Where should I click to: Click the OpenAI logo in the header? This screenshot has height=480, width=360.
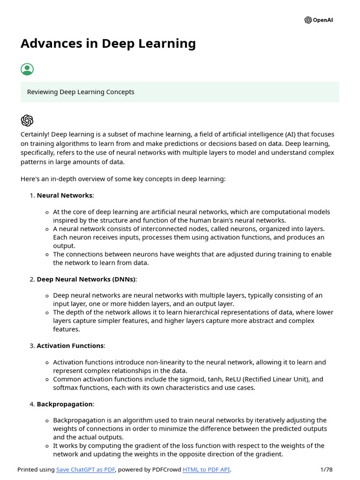pyautogui.click(x=318, y=20)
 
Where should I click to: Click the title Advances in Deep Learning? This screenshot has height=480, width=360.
pyautogui.click(x=108, y=44)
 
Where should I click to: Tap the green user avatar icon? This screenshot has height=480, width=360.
pyautogui.click(x=27, y=69)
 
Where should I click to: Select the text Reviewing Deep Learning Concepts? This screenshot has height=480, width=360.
pyautogui.click(x=81, y=92)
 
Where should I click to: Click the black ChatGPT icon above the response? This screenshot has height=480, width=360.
pyautogui.click(x=27, y=120)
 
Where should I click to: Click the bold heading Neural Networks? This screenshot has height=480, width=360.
pyautogui.click(x=64, y=195)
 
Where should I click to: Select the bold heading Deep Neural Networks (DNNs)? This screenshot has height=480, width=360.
pyautogui.click(x=86, y=279)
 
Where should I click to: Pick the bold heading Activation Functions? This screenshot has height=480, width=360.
pyautogui.click(x=70, y=345)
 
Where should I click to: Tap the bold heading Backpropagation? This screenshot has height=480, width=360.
pyautogui.click(x=65, y=404)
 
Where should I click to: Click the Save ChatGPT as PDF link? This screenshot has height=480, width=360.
pyautogui.click(x=86, y=470)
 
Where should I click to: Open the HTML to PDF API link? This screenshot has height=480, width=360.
pyautogui.click(x=206, y=470)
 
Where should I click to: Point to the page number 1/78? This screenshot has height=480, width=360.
pyautogui.click(x=326, y=470)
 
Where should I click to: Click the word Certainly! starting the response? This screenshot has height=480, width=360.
pyautogui.click(x=35, y=135)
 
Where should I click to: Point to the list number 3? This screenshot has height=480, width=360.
pyautogui.click(x=32, y=345)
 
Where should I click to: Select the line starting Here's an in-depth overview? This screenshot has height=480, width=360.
pyautogui.click(x=123, y=179)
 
